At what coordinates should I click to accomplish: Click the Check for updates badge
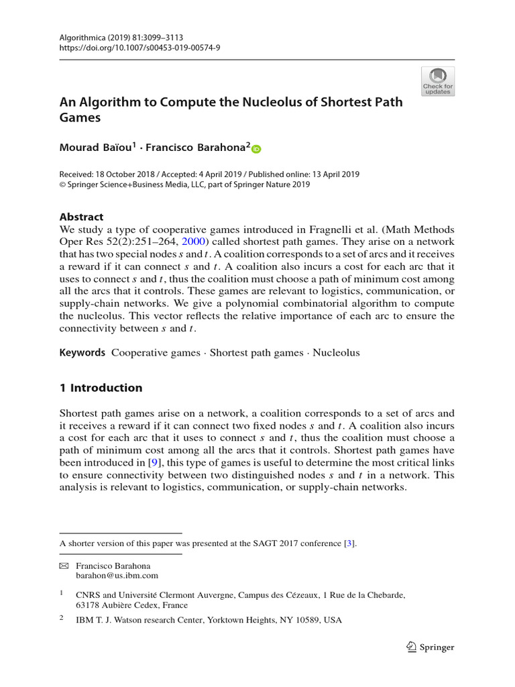click(x=438, y=81)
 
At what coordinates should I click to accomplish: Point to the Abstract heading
click(x=82, y=217)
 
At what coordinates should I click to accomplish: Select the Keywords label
click(x=82, y=352)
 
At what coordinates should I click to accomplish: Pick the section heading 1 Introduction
click(x=101, y=388)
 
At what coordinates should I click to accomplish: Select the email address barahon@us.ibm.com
click(x=117, y=575)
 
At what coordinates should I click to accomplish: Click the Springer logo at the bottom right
click(x=431, y=647)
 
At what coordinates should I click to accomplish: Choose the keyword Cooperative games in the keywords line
click(x=156, y=352)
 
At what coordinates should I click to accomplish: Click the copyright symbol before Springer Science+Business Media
click(x=63, y=185)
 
